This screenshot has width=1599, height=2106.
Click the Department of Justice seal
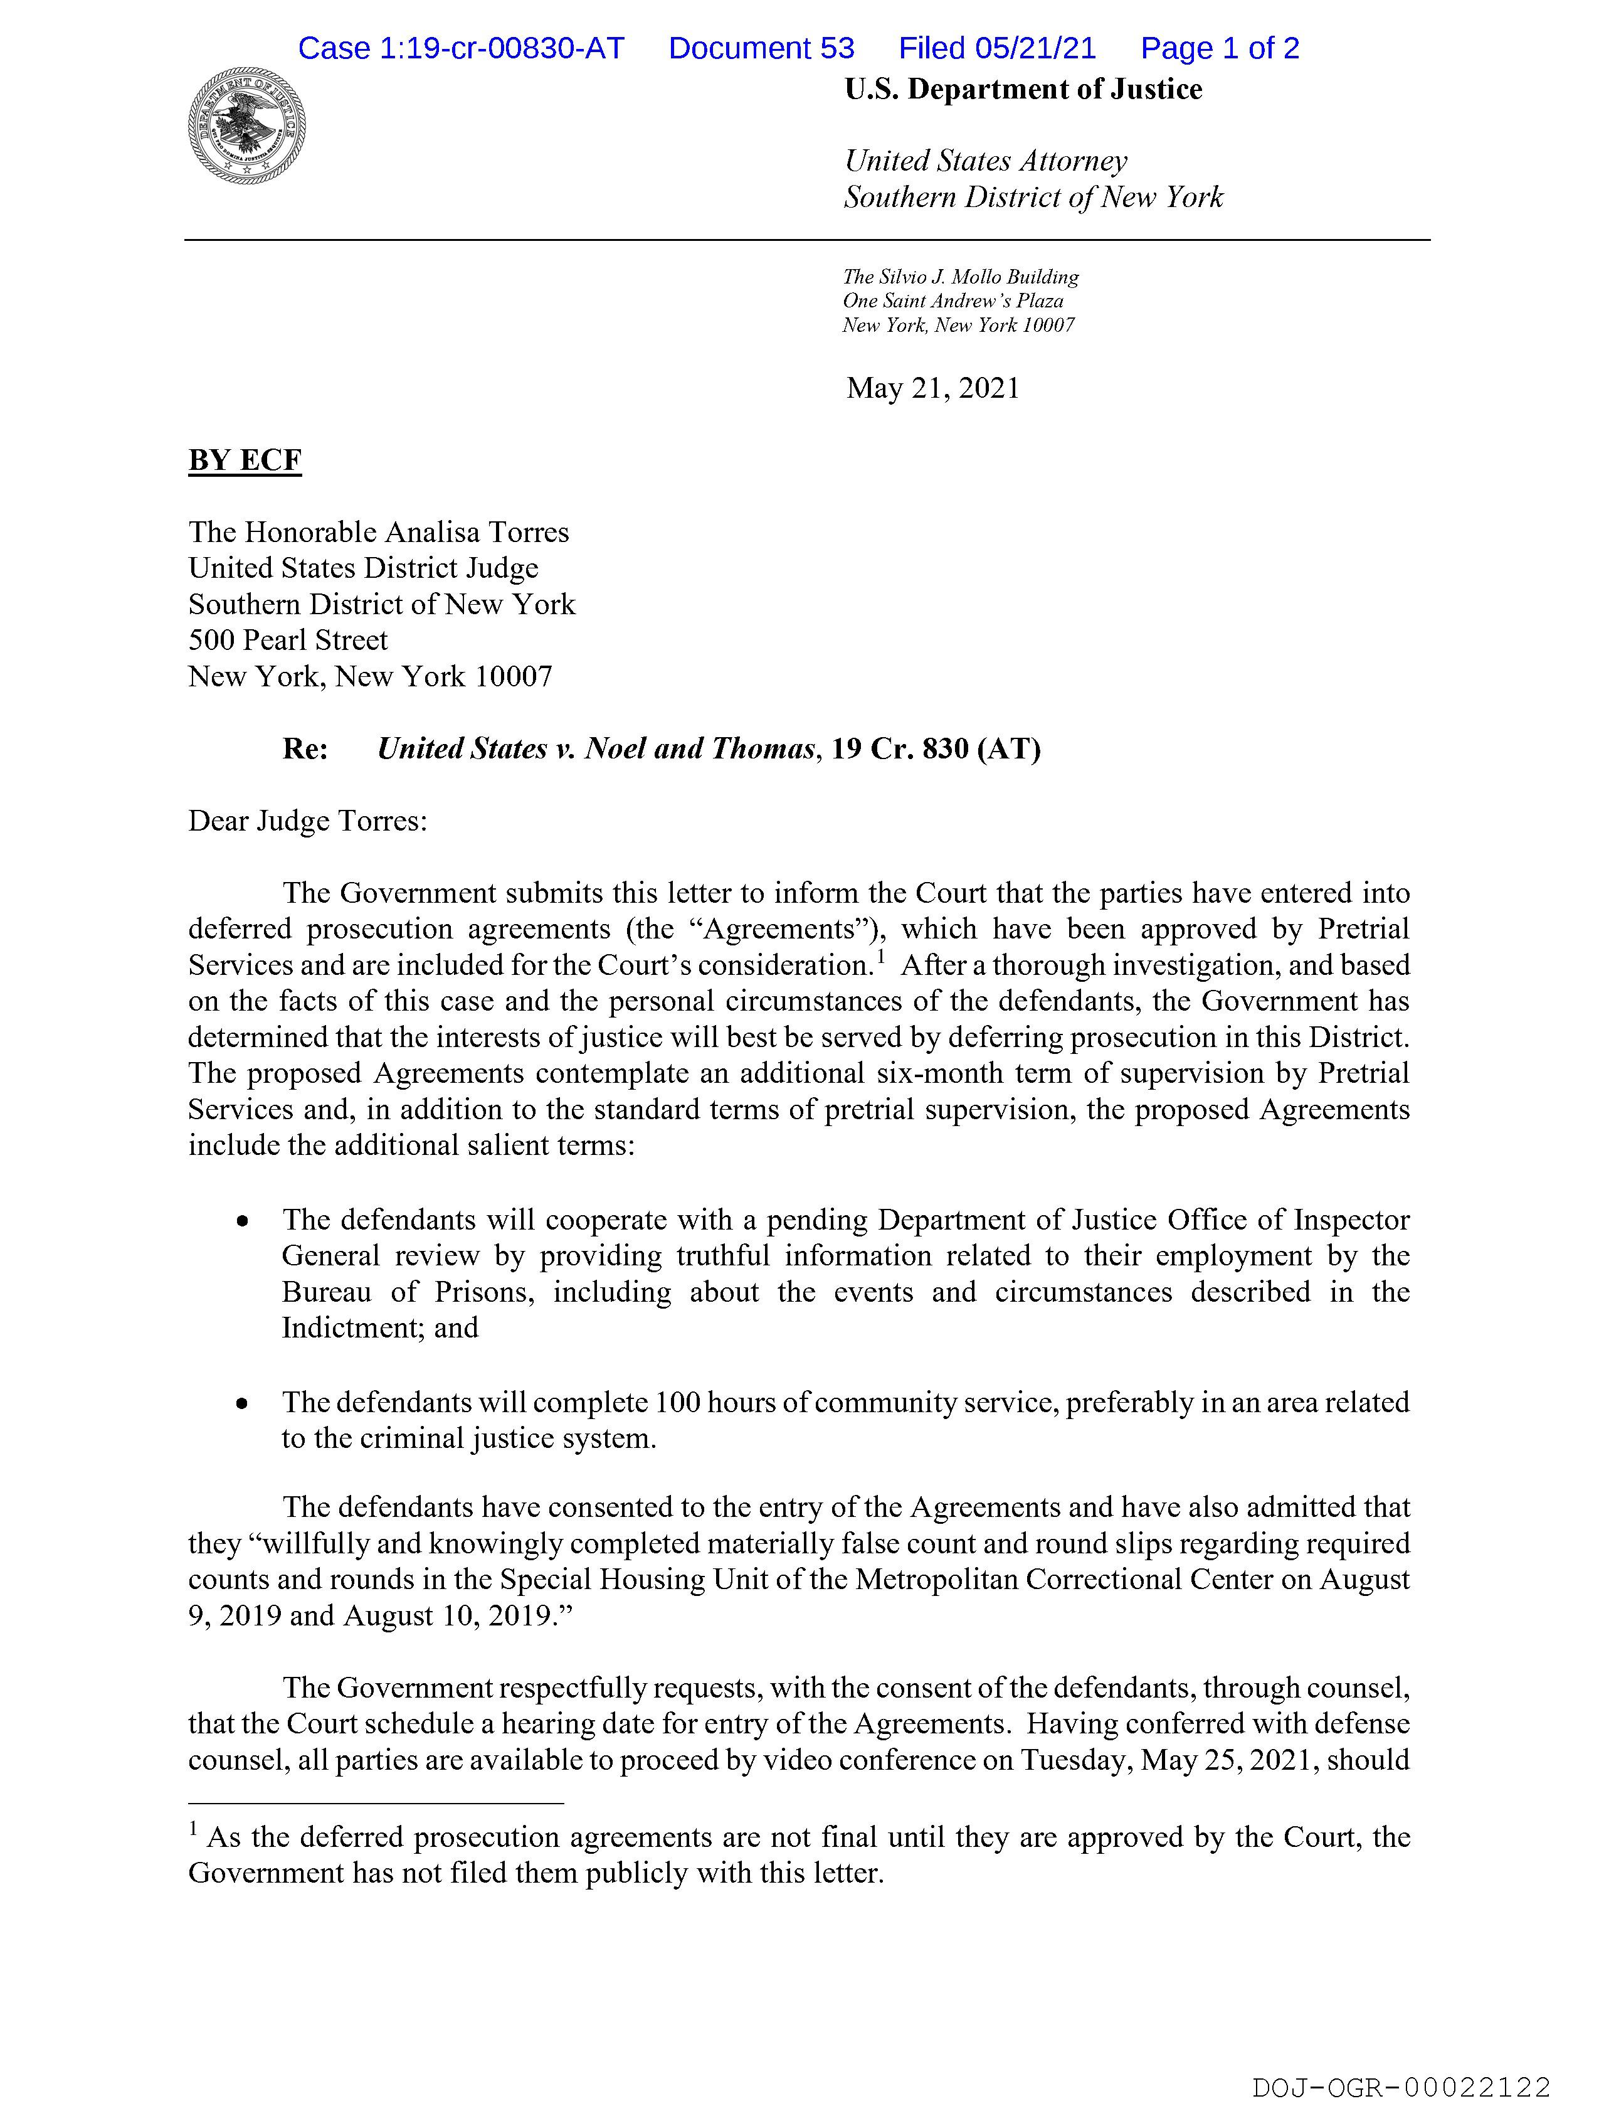coord(246,125)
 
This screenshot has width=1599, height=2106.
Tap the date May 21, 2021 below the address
coord(933,388)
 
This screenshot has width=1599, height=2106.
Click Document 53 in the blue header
coord(761,48)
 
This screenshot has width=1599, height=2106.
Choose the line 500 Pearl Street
coord(287,640)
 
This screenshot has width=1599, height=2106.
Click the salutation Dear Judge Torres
coord(307,821)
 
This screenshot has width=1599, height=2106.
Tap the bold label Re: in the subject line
coord(305,749)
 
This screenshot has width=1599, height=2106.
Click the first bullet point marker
coord(244,1221)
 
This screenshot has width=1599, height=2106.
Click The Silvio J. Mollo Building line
coord(961,277)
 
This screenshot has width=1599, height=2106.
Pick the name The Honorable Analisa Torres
coord(378,532)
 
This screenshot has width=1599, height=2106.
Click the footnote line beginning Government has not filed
coord(536,1874)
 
